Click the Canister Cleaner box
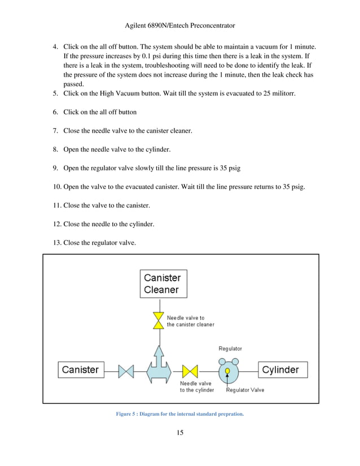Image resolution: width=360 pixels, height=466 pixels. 163,284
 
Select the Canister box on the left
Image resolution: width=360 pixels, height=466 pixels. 80,370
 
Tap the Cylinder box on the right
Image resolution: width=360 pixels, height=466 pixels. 284,370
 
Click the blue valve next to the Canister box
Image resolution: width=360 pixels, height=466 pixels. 126,371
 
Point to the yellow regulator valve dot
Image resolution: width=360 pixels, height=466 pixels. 227,371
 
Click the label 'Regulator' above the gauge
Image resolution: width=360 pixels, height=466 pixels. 230,349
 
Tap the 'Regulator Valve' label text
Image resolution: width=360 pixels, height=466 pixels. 245,390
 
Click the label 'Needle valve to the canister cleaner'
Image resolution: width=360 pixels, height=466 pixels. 190,321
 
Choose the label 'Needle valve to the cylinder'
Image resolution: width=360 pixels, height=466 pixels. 197,386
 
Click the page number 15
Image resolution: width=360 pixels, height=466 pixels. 179,433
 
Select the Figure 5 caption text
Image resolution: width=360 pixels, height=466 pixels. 179,414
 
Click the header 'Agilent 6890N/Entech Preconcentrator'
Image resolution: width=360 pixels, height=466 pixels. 180,26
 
